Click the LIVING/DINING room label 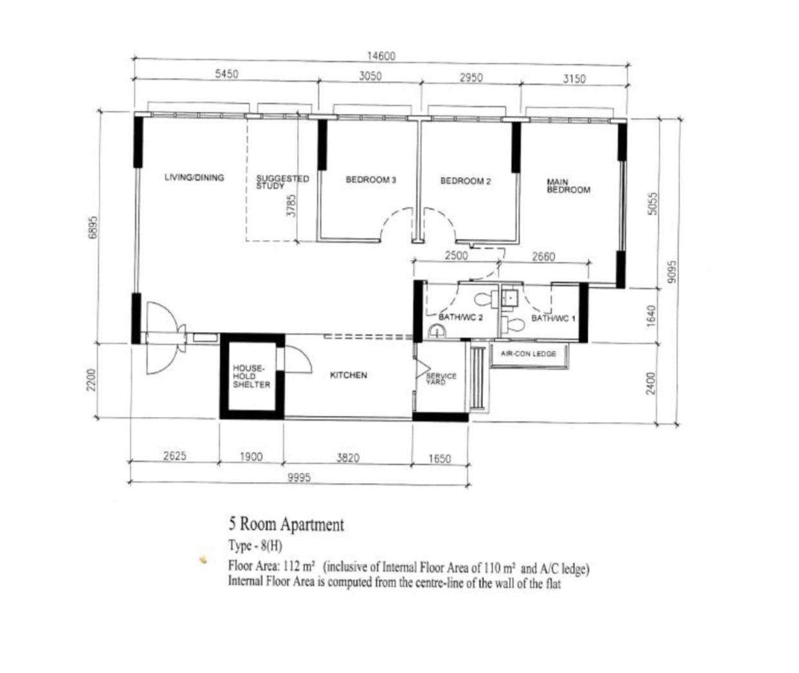pos(194,178)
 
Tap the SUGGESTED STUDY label pos(282,182)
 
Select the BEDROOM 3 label pos(371,180)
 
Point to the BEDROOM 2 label pos(465,181)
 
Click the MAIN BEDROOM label pos(568,186)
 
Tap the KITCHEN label pos(348,375)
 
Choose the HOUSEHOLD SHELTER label pos(252,376)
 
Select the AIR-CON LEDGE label pos(528,354)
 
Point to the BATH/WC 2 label pos(461,317)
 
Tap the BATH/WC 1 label pos(553,318)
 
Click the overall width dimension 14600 pos(381,56)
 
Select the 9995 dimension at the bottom pos(299,478)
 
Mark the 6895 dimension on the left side pos(93,227)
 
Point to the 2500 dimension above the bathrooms pos(456,255)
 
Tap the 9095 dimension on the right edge pos(672,272)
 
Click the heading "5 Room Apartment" pos(286,524)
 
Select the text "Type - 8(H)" pos(255,546)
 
